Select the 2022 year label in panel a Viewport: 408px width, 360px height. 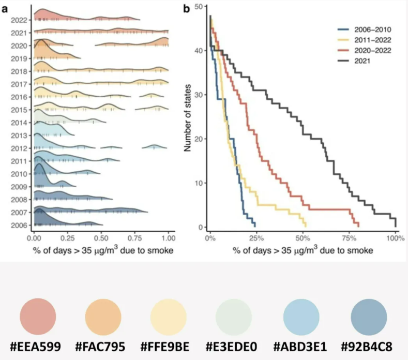tap(19, 20)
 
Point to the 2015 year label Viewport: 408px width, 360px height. tap(19, 110)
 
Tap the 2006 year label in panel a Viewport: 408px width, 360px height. tap(19, 225)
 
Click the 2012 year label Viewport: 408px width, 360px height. tap(19, 148)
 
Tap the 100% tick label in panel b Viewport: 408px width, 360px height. tap(395, 239)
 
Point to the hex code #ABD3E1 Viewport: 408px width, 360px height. tap(302, 346)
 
